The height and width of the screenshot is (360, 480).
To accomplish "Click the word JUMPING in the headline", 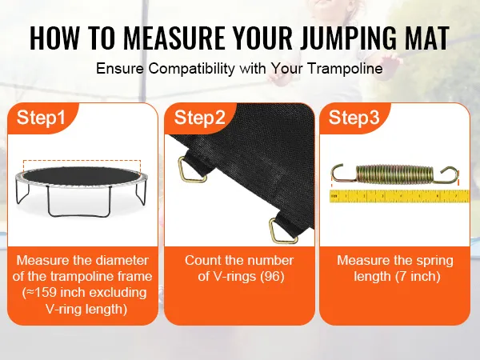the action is pyautogui.click(x=343, y=38).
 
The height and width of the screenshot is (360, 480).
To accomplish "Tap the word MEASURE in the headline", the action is pyautogui.click(x=174, y=38).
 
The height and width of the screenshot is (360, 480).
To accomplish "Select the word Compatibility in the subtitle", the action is pyautogui.click(x=192, y=68).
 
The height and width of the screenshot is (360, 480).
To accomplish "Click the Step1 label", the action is pyautogui.click(x=41, y=118).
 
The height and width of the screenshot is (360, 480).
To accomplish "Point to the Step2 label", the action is pyautogui.click(x=199, y=118).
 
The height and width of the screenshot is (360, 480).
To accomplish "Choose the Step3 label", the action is pyautogui.click(x=354, y=118).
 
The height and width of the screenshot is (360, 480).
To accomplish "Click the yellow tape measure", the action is pyautogui.click(x=399, y=196).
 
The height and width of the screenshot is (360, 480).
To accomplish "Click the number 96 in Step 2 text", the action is pyautogui.click(x=272, y=277).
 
